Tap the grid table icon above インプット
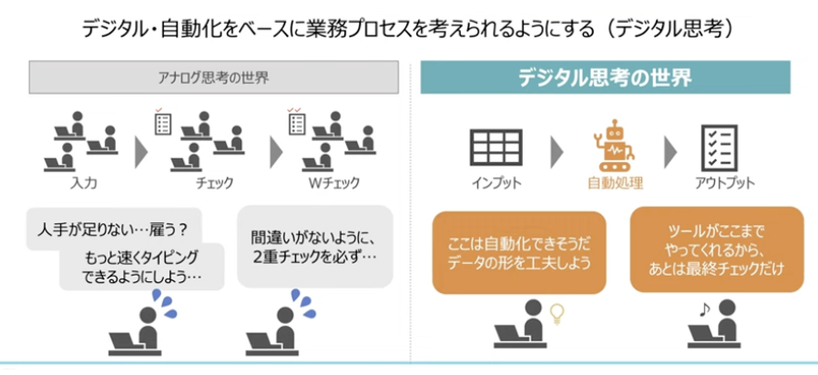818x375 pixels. tap(496, 147)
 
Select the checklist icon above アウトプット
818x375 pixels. tap(719, 148)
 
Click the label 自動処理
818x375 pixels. tap(615, 183)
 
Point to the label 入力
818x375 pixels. tap(83, 183)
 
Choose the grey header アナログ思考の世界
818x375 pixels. tap(214, 77)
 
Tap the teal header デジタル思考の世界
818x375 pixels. tap(605, 77)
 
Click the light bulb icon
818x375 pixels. tap(558, 315)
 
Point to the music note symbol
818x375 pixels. tap(704, 309)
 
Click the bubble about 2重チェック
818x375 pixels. tap(314, 246)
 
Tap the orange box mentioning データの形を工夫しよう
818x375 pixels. tap(519, 252)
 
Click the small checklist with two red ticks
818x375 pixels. tap(296, 121)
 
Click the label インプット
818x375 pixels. tap(496, 183)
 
